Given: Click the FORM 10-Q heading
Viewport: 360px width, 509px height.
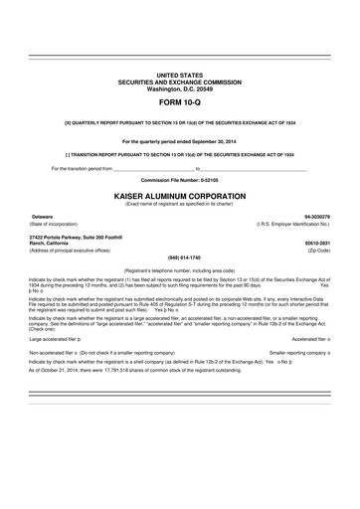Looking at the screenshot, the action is [x=180, y=102].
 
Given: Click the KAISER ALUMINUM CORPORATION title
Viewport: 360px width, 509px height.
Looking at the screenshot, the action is [x=180, y=197].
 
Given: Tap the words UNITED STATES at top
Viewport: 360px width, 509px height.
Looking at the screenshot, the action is [x=180, y=76].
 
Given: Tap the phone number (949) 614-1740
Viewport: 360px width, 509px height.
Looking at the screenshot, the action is [x=180, y=257].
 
